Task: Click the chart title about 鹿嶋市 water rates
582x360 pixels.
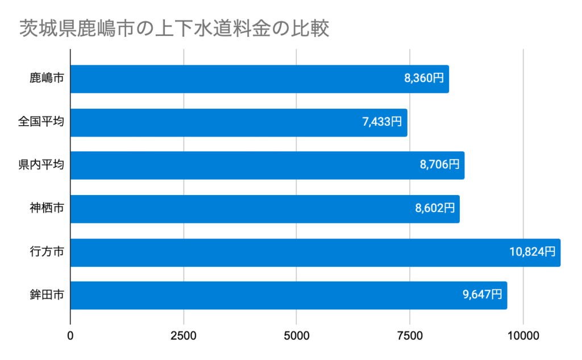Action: [x=175, y=29]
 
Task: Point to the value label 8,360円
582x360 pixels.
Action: [x=423, y=79]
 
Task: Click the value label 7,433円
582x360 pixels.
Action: [x=382, y=122]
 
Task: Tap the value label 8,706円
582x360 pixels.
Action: [x=439, y=165]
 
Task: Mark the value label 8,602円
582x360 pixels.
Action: [x=435, y=209]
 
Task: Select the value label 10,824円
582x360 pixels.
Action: [x=532, y=253]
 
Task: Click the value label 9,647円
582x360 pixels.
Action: [x=482, y=295]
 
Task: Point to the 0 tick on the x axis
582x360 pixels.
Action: [x=70, y=336]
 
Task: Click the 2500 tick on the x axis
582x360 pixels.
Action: [x=184, y=336]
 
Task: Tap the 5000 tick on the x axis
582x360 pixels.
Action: [x=297, y=336]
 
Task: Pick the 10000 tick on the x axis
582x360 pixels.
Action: [x=523, y=336]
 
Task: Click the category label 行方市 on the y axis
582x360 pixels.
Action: [x=47, y=253]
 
